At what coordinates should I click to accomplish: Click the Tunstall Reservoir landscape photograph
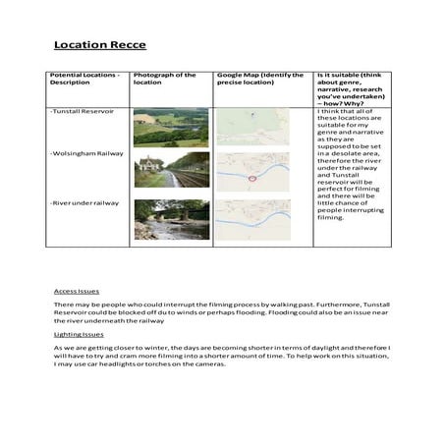click(171, 127)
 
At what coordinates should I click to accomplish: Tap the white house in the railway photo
click(150, 163)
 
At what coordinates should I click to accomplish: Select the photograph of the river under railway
click(171, 220)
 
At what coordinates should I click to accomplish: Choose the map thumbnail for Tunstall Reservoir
click(252, 127)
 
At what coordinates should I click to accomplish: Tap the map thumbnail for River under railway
click(252, 220)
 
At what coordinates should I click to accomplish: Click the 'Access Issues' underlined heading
click(77, 292)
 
